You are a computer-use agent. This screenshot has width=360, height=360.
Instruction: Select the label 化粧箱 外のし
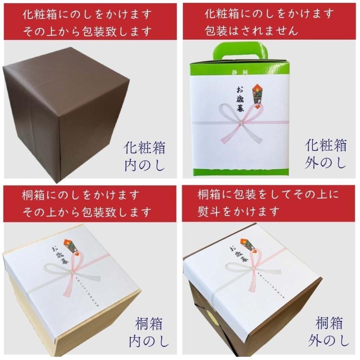point(326,154)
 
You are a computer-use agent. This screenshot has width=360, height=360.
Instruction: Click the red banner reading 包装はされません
point(269,22)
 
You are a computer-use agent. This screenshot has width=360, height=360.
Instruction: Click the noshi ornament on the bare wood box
point(72,246)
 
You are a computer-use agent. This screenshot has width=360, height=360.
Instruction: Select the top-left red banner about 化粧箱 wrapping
point(90,22)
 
